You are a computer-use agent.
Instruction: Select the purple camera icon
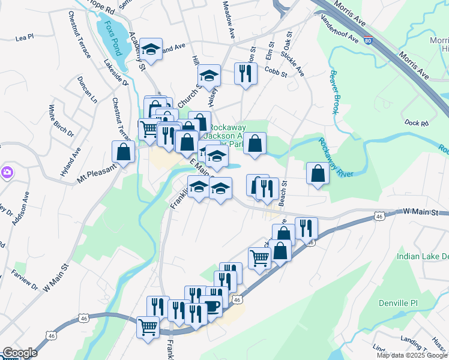pos(7,173)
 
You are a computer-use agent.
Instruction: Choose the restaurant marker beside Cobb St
pos(246,74)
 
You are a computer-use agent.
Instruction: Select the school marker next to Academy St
pos(152,49)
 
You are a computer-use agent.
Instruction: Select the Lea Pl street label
pos(25,37)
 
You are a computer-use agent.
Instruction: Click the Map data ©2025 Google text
pos(412,355)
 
